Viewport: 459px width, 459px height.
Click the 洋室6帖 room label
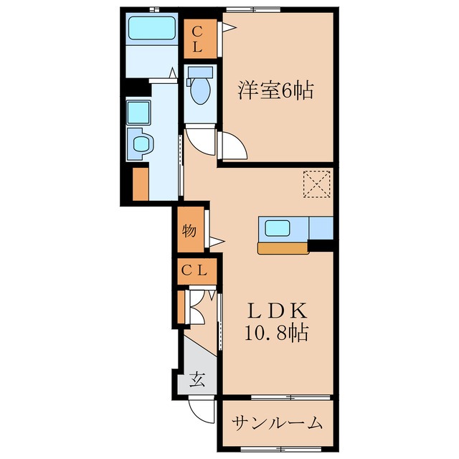coord(275,91)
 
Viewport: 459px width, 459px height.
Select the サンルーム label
coord(276,423)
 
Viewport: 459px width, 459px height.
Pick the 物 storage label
coord(189,231)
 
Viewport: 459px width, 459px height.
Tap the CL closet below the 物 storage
coord(194,271)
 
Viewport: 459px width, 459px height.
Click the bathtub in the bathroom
coord(152,30)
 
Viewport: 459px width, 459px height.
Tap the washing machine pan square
coord(138,112)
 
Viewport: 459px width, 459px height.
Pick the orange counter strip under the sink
coord(282,248)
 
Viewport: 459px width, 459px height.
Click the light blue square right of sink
coord(321,228)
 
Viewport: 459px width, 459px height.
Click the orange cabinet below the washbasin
coord(141,183)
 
